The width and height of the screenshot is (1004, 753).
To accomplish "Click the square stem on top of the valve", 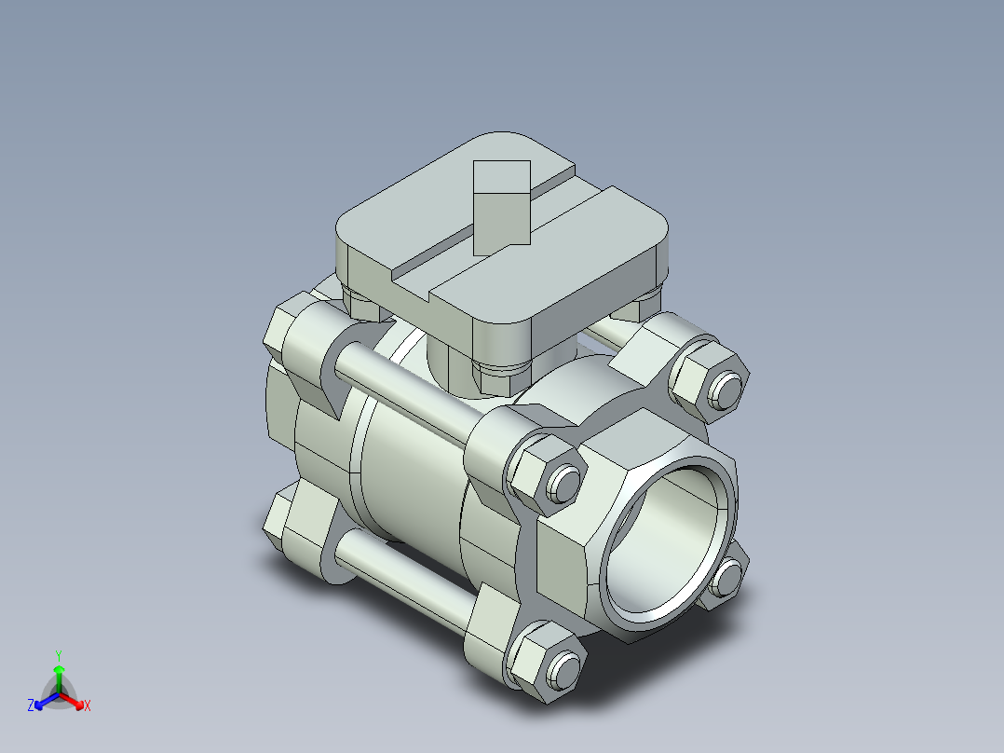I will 502,207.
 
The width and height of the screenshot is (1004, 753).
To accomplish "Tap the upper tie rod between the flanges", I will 410,391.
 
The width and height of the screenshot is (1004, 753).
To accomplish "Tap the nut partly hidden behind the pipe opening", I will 726,576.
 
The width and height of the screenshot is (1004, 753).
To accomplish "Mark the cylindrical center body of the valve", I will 410,475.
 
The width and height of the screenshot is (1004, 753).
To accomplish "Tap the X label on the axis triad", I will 88,706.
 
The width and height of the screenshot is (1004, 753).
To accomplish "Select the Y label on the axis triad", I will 58,654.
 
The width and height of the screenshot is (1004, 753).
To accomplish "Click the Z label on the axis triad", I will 32,705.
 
